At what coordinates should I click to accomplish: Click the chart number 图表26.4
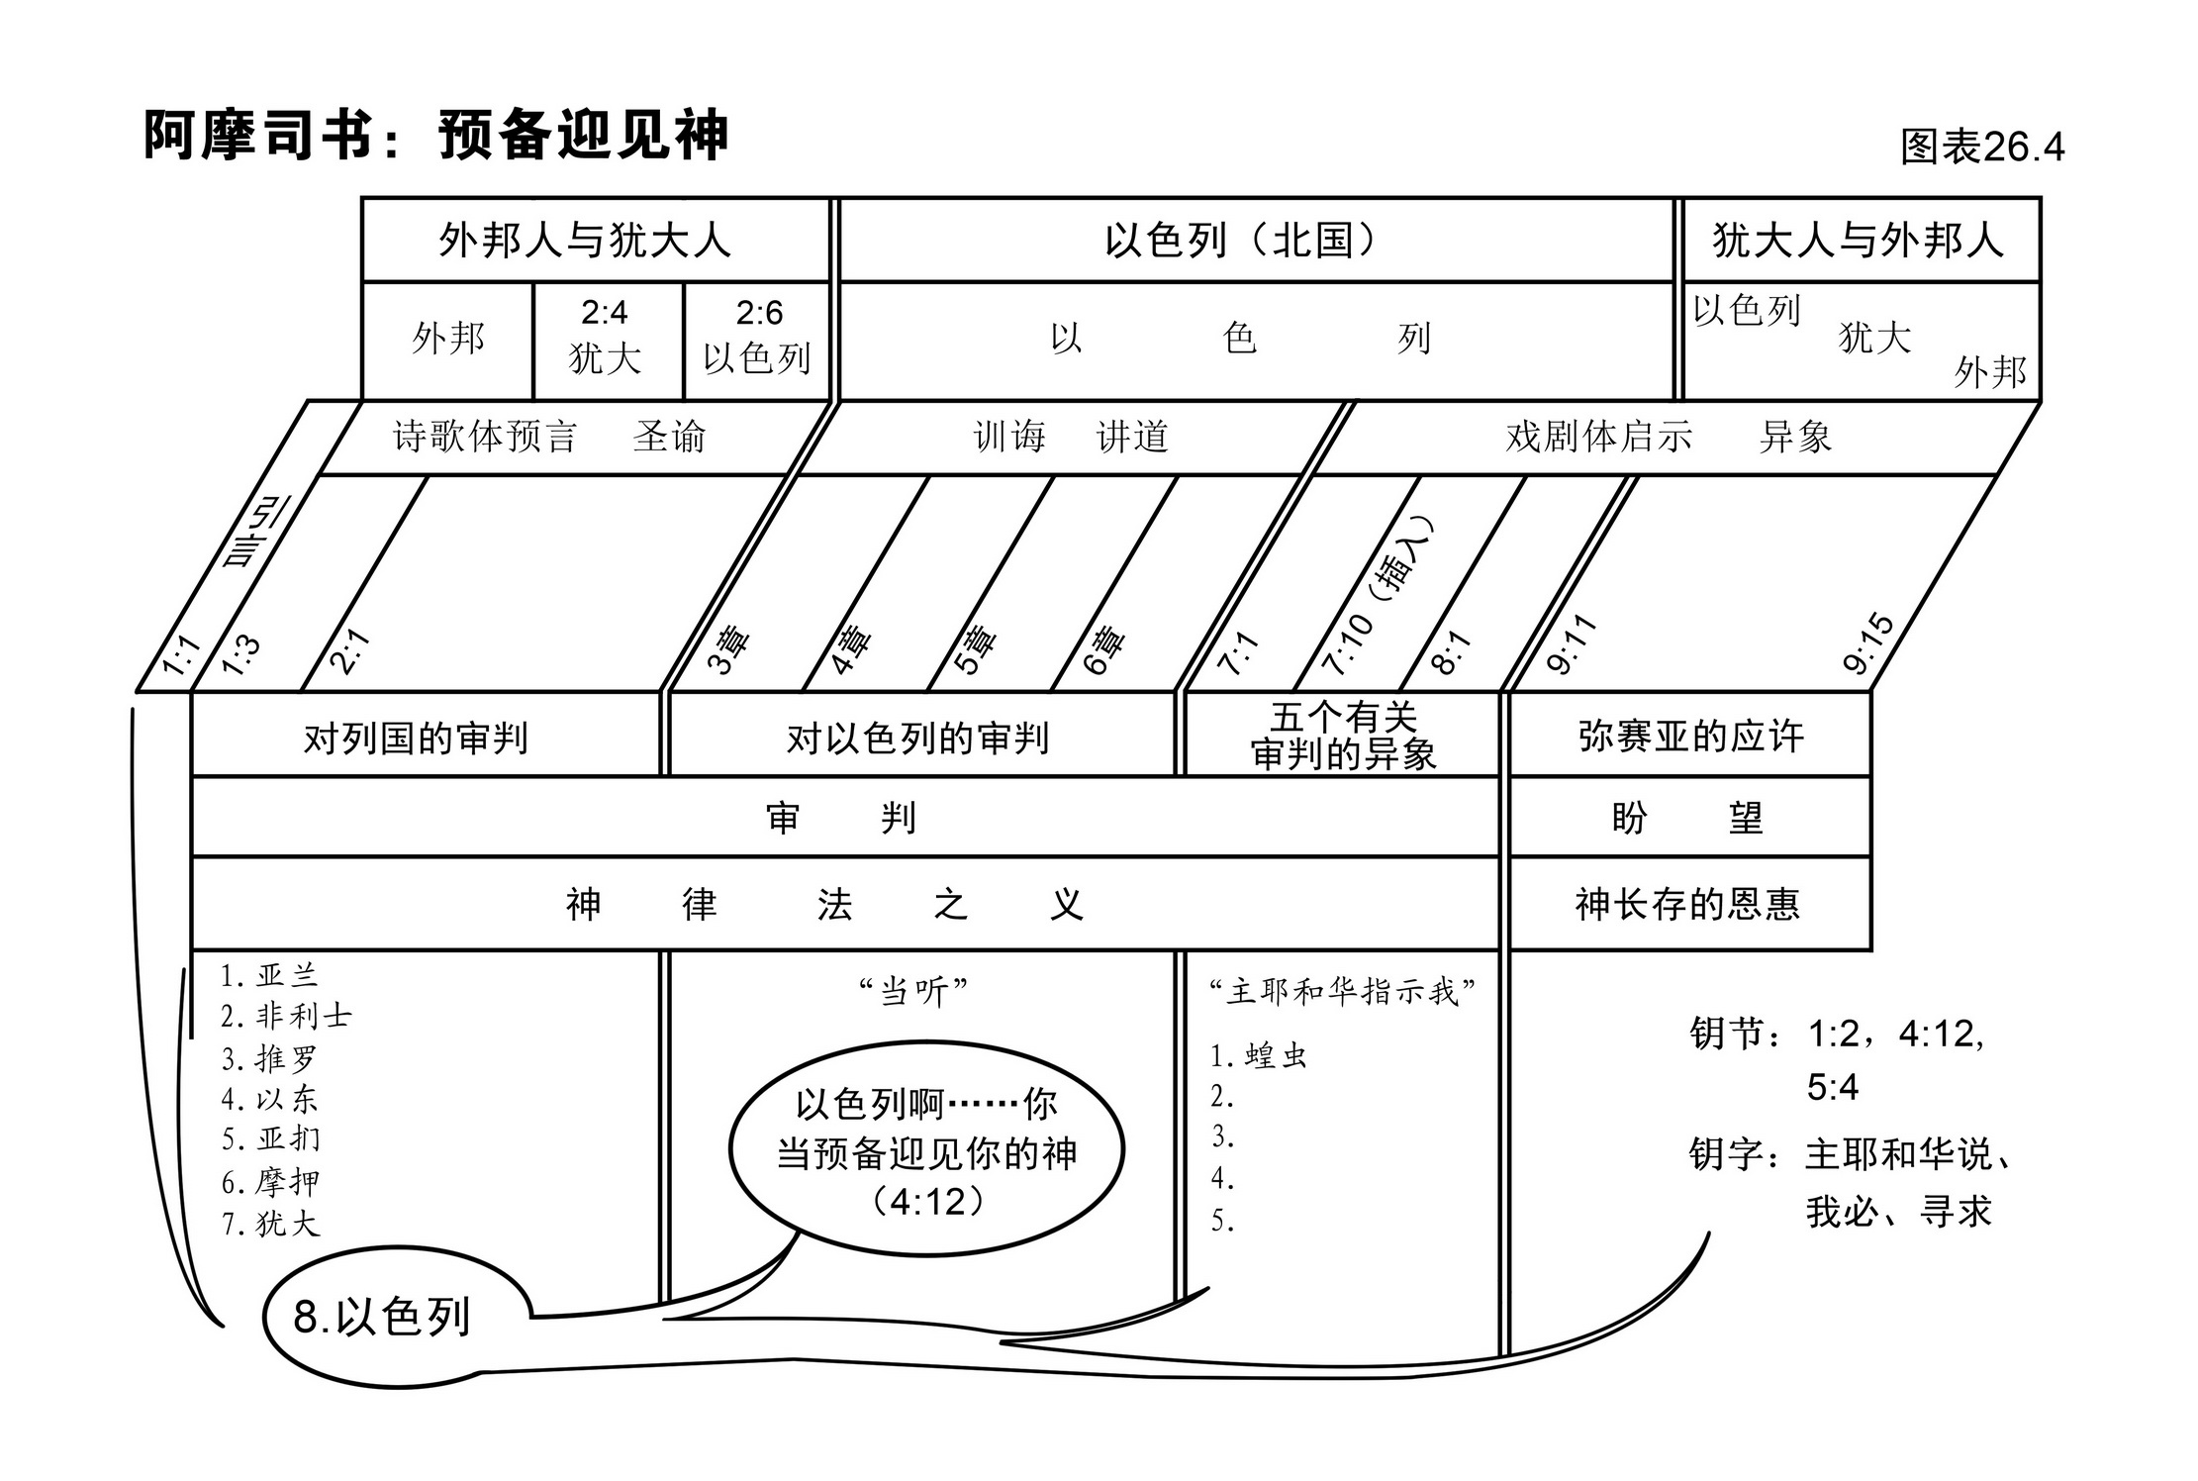(x=1981, y=147)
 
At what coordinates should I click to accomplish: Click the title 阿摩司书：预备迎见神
(x=435, y=135)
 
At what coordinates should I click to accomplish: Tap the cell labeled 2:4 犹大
(x=606, y=338)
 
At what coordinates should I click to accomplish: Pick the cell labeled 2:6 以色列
(x=758, y=338)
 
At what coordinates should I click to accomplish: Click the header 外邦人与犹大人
(x=584, y=241)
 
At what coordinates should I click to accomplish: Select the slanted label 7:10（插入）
(x=1377, y=596)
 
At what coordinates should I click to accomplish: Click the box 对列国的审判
(x=416, y=739)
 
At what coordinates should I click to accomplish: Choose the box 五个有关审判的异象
(x=1343, y=736)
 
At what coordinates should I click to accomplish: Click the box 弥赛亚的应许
(x=1690, y=736)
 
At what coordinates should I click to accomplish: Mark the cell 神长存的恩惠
(x=1687, y=904)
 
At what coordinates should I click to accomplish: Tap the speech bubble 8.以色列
(x=382, y=1317)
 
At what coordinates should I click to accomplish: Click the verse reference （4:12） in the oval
(x=927, y=1202)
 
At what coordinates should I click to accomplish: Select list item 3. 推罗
(x=269, y=1059)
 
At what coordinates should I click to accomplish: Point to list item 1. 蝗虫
(x=1259, y=1056)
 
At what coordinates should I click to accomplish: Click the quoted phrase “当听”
(x=912, y=991)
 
